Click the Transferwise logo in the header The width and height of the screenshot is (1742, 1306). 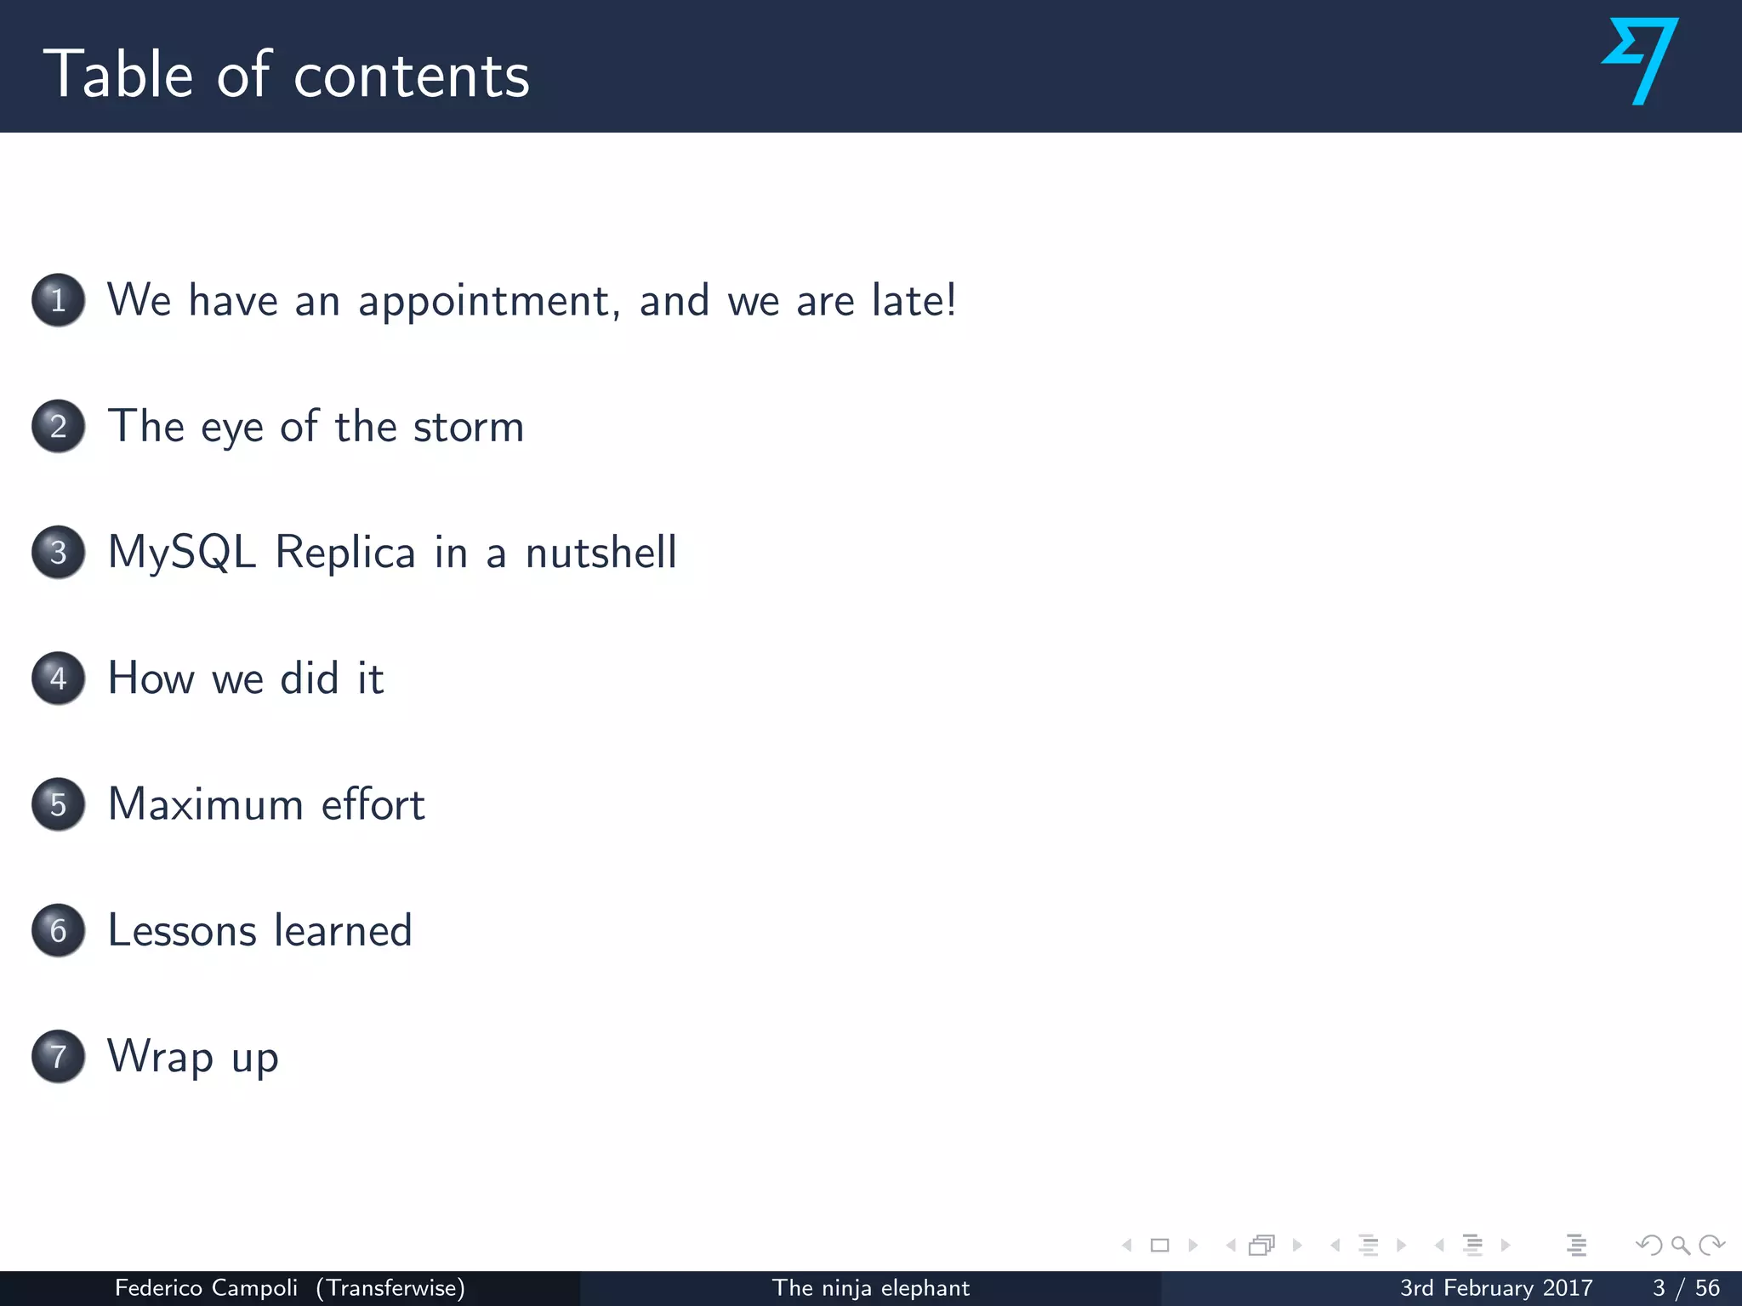point(1640,61)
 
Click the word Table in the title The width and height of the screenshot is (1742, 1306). point(119,75)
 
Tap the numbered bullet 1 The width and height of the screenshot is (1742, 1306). point(58,300)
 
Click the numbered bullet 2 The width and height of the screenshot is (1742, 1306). point(58,426)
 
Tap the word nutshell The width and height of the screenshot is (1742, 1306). point(601,553)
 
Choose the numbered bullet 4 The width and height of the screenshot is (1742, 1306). point(58,679)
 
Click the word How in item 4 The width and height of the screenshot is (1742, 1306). point(151,679)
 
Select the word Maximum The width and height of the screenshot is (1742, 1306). point(205,804)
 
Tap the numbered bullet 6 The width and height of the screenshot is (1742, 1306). point(58,930)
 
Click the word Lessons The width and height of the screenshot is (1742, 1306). point(182,930)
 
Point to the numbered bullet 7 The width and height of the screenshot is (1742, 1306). point(58,1056)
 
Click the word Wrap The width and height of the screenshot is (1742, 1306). point(160,1057)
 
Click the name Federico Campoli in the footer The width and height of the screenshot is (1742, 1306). point(206,1288)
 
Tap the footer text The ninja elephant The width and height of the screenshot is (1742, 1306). point(870,1288)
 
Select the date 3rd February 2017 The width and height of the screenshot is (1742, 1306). point(1496,1288)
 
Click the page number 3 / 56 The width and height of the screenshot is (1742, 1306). point(1685,1288)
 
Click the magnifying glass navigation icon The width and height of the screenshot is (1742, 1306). point(1680,1246)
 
